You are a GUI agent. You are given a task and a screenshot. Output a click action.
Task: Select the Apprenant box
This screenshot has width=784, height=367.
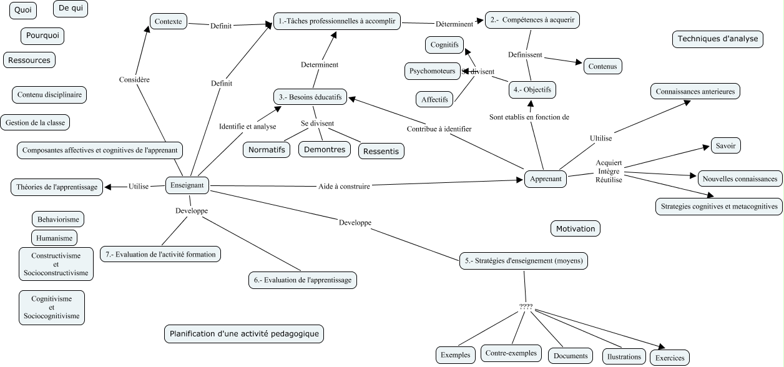point(546,179)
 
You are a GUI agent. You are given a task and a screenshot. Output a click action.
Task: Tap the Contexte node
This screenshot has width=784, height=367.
point(169,21)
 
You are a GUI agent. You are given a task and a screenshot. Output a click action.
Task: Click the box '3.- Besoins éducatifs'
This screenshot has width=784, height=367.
point(310,97)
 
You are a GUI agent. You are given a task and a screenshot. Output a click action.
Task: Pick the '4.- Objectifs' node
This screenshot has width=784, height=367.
point(532,90)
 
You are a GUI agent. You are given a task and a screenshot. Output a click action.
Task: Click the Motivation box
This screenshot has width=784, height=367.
point(575,229)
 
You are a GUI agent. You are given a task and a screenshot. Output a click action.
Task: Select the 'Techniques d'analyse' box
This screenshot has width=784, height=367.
point(718,39)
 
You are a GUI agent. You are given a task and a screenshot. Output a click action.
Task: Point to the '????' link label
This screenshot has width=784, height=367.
point(526,307)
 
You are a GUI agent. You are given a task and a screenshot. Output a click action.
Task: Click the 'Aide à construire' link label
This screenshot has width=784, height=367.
point(344,185)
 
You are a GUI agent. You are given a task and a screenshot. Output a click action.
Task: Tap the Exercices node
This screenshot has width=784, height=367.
point(670,358)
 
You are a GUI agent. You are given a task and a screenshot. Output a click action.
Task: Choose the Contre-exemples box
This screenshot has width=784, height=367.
point(511,353)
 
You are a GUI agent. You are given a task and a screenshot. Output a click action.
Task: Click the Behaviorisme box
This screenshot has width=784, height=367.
point(58,220)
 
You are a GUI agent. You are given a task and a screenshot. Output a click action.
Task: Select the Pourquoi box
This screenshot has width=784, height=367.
point(42,36)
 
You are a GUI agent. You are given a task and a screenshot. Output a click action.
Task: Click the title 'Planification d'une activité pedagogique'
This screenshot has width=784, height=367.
point(244,334)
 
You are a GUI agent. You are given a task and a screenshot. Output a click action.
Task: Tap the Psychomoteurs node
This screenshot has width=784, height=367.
point(433,71)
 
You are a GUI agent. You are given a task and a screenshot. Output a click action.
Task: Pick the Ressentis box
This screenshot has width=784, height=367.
point(381,151)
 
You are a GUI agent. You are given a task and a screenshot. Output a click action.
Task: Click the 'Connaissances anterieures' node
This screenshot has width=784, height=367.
point(695,92)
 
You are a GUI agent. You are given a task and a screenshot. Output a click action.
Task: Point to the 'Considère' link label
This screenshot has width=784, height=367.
point(134,80)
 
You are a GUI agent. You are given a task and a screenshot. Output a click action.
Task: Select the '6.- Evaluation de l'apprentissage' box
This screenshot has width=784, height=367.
point(303,280)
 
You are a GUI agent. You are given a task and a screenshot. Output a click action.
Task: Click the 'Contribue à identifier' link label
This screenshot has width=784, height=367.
point(439,129)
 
